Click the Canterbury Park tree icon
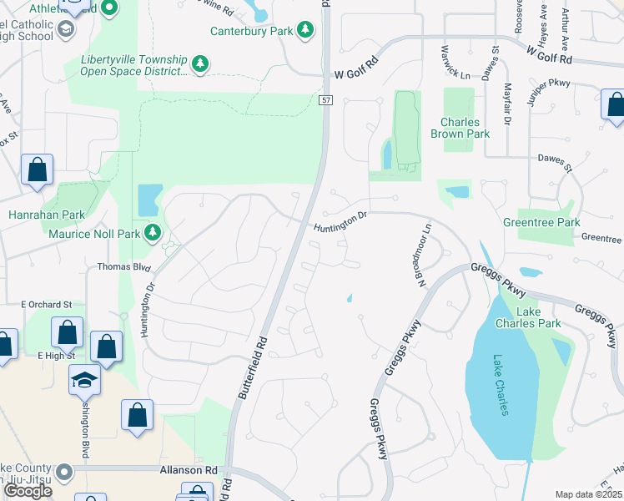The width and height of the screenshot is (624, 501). tap(306, 31)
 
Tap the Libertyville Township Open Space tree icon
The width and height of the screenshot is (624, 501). tap(199, 63)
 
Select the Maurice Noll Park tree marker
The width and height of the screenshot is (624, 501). tap(153, 233)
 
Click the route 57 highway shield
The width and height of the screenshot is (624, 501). tap(325, 100)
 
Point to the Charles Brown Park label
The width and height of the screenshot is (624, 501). tap(460, 127)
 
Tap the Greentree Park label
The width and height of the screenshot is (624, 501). tap(541, 223)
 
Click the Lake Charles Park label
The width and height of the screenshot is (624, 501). tap(538, 317)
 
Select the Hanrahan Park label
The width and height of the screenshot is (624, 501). tap(47, 215)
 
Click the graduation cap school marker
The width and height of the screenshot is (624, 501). tap(84, 381)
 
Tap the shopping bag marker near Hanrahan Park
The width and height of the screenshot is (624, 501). tap(38, 170)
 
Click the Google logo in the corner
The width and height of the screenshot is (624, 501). tap(28, 491)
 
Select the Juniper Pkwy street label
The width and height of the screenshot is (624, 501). tap(547, 94)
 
